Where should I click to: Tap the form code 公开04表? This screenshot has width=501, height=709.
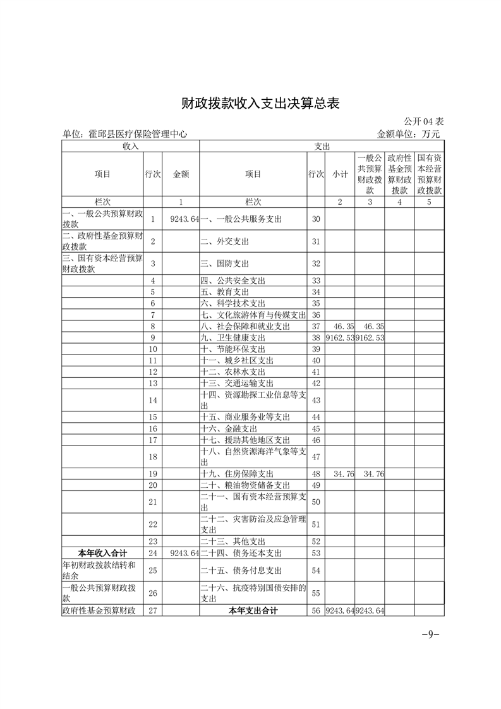[x=424, y=121]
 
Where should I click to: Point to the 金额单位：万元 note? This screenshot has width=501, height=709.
[x=408, y=134]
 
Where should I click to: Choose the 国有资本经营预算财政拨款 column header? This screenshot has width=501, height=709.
[x=430, y=174]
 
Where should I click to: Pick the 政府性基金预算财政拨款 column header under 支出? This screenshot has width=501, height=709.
[x=399, y=174]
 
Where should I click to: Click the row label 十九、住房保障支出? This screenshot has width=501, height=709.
[x=237, y=474]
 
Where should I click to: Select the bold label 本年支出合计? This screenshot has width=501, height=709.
[x=253, y=610]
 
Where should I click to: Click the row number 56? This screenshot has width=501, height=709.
[x=316, y=610]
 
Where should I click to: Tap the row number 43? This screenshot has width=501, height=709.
[x=316, y=400]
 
